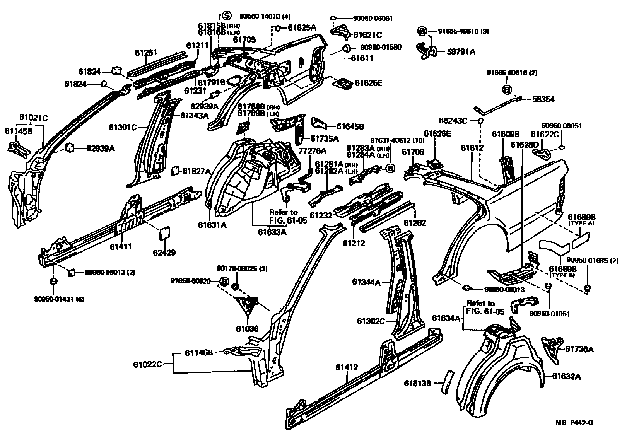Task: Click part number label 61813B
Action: [417, 383]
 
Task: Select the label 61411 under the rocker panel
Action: [121, 246]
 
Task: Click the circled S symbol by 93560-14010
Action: [227, 16]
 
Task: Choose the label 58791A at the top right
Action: [461, 51]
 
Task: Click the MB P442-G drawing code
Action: [574, 423]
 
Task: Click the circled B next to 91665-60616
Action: [507, 90]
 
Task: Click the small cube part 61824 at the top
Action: [116, 70]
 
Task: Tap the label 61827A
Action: [196, 171]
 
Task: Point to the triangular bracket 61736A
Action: [551, 349]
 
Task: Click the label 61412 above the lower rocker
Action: [346, 367]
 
